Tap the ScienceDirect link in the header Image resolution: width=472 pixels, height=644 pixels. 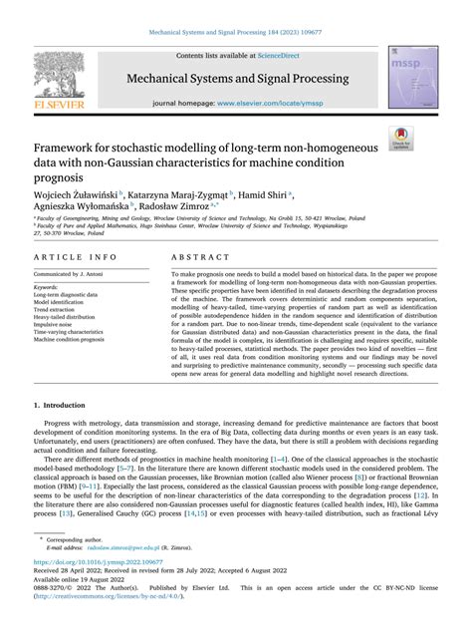[287, 57]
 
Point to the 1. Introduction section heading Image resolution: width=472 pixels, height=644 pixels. [65, 407]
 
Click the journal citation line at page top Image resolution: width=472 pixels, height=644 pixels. [236, 33]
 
